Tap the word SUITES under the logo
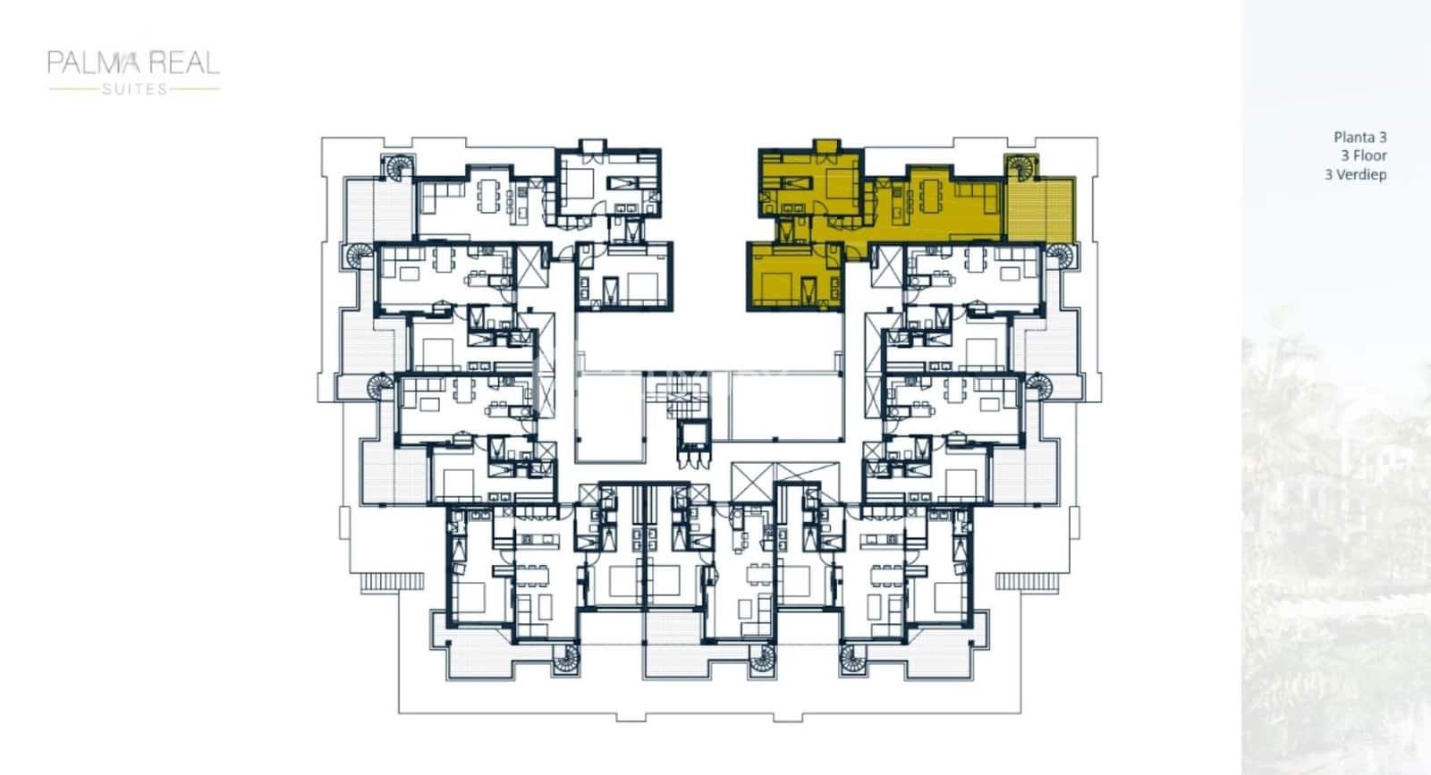(x=134, y=88)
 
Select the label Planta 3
(x=1359, y=137)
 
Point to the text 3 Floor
(x=1363, y=156)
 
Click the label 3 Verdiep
(x=1356, y=174)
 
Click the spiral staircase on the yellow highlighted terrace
(x=1020, y=168)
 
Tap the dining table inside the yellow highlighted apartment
(x=932, y=195)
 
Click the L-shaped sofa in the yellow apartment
(x=979, y=198)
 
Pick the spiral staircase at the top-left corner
(x=394, y=168)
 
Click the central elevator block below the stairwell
(x=692, y=437)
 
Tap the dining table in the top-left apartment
(x=489, y=195)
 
